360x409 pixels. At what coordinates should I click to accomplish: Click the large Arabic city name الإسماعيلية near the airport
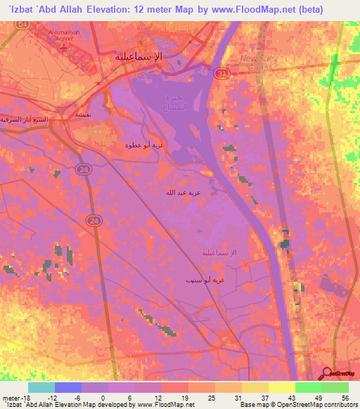point(139,56)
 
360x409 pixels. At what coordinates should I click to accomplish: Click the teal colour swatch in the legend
point(41,387)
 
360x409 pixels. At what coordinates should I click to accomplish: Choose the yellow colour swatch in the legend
point(281,387)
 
